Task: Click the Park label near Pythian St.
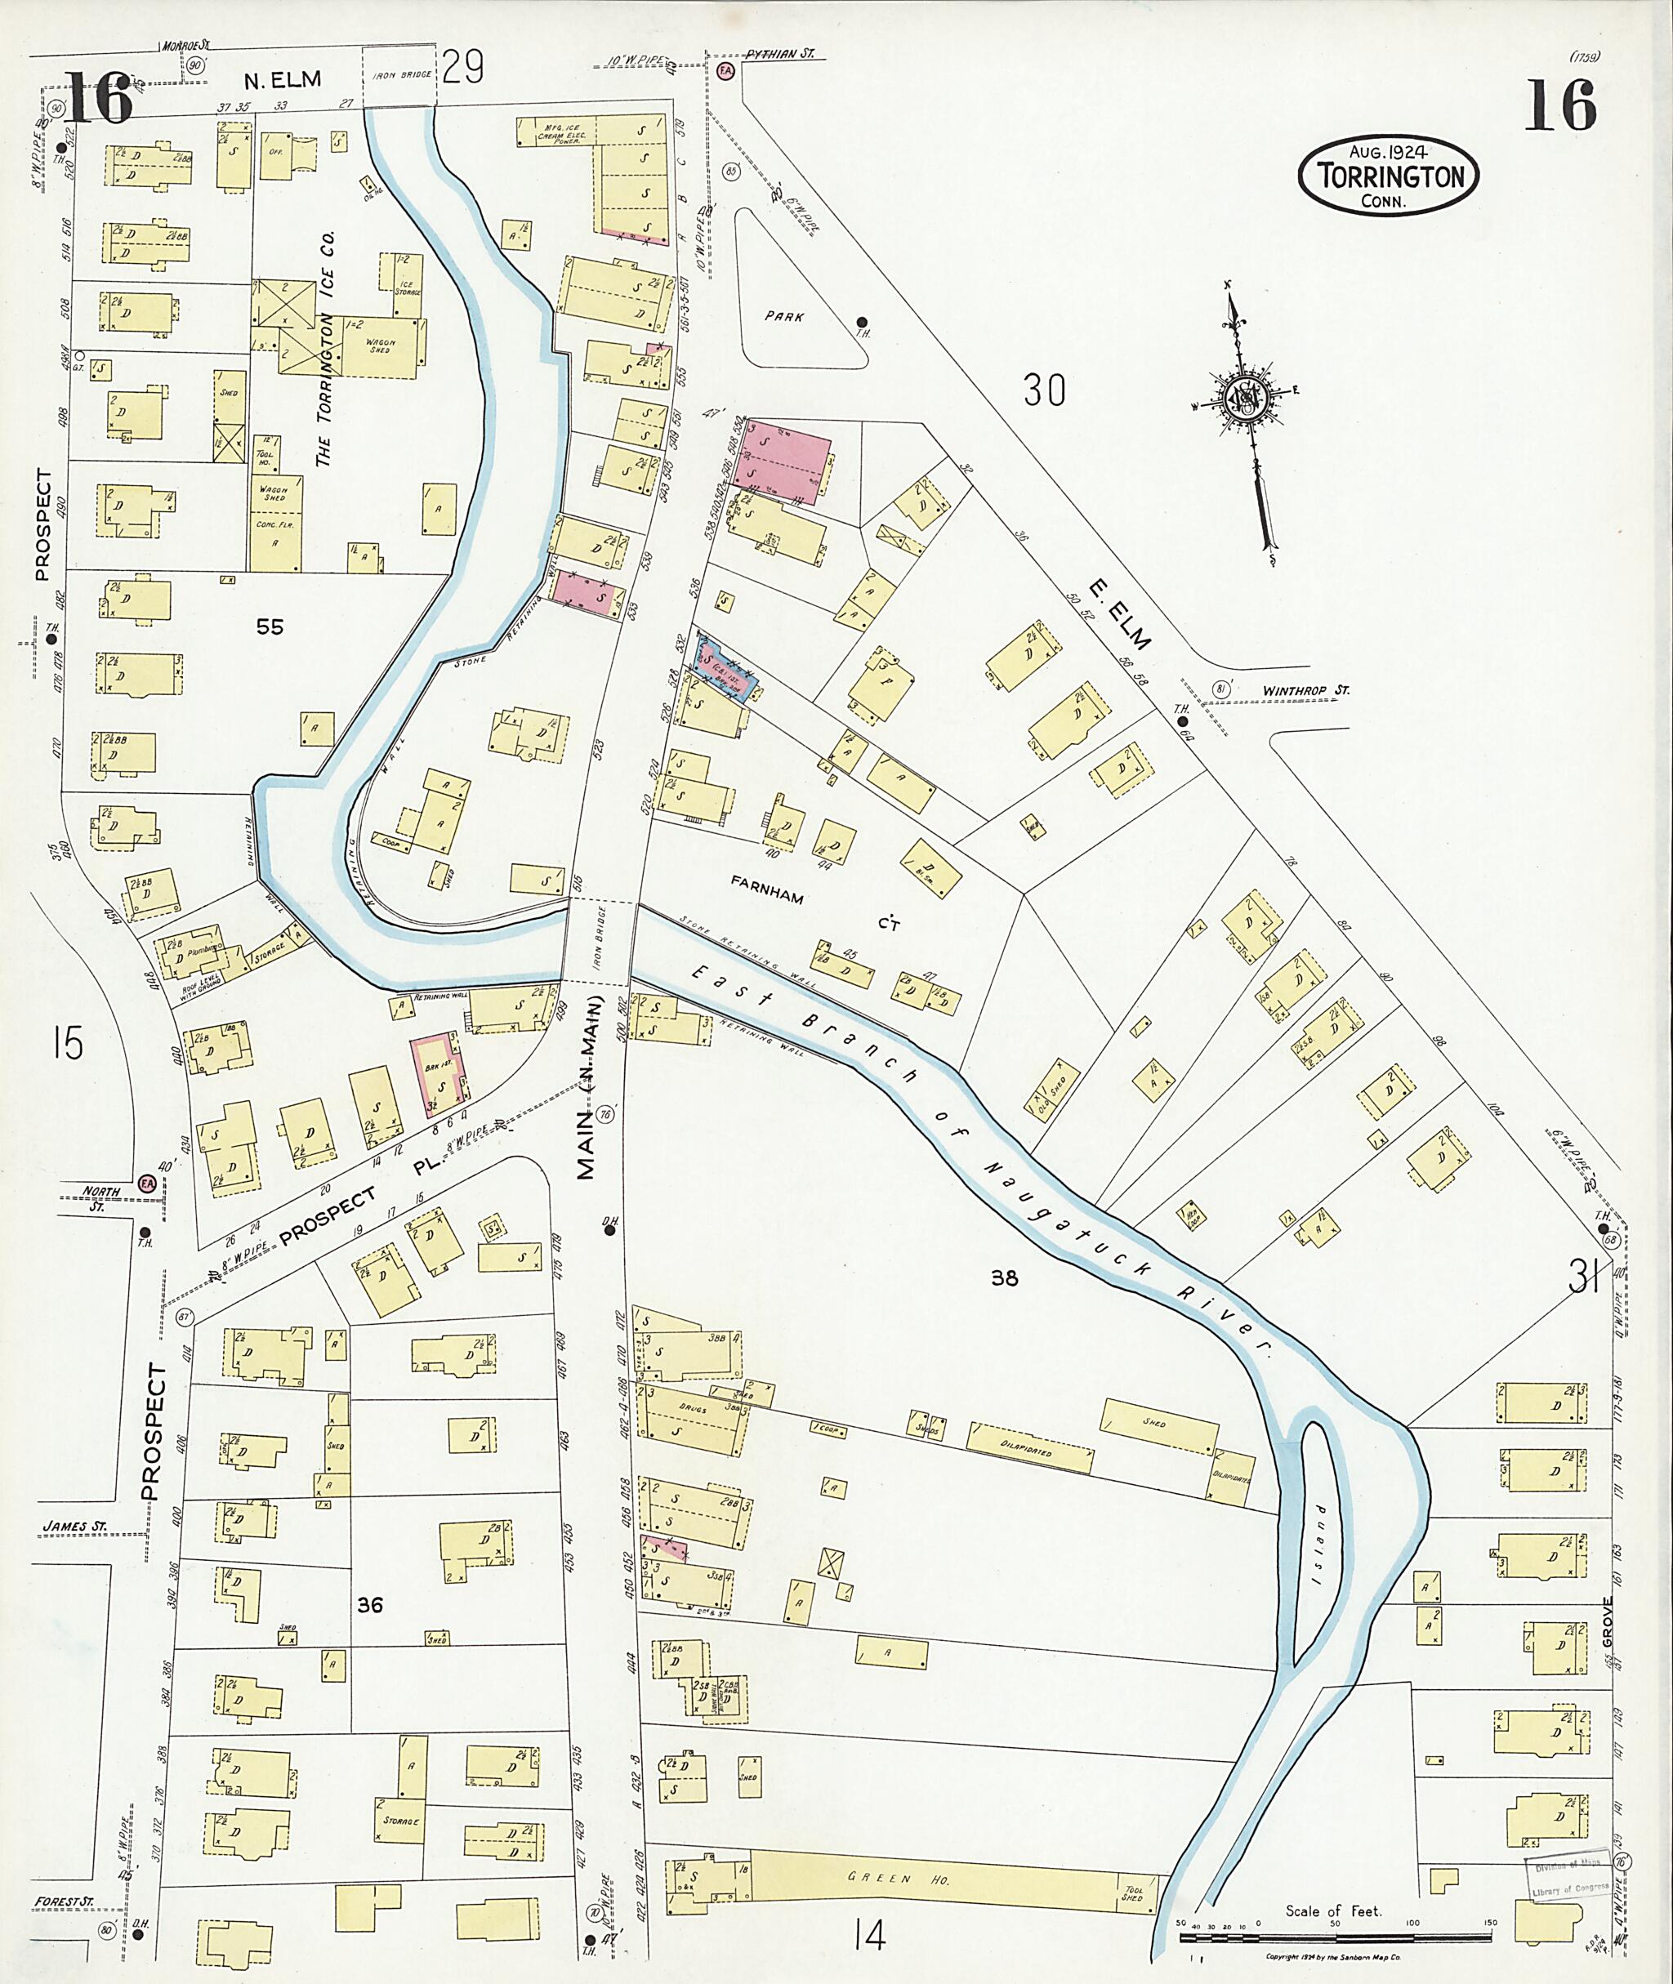784,318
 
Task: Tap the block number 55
270,626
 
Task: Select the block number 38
1004,1278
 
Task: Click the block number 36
370,1606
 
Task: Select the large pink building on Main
783,461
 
